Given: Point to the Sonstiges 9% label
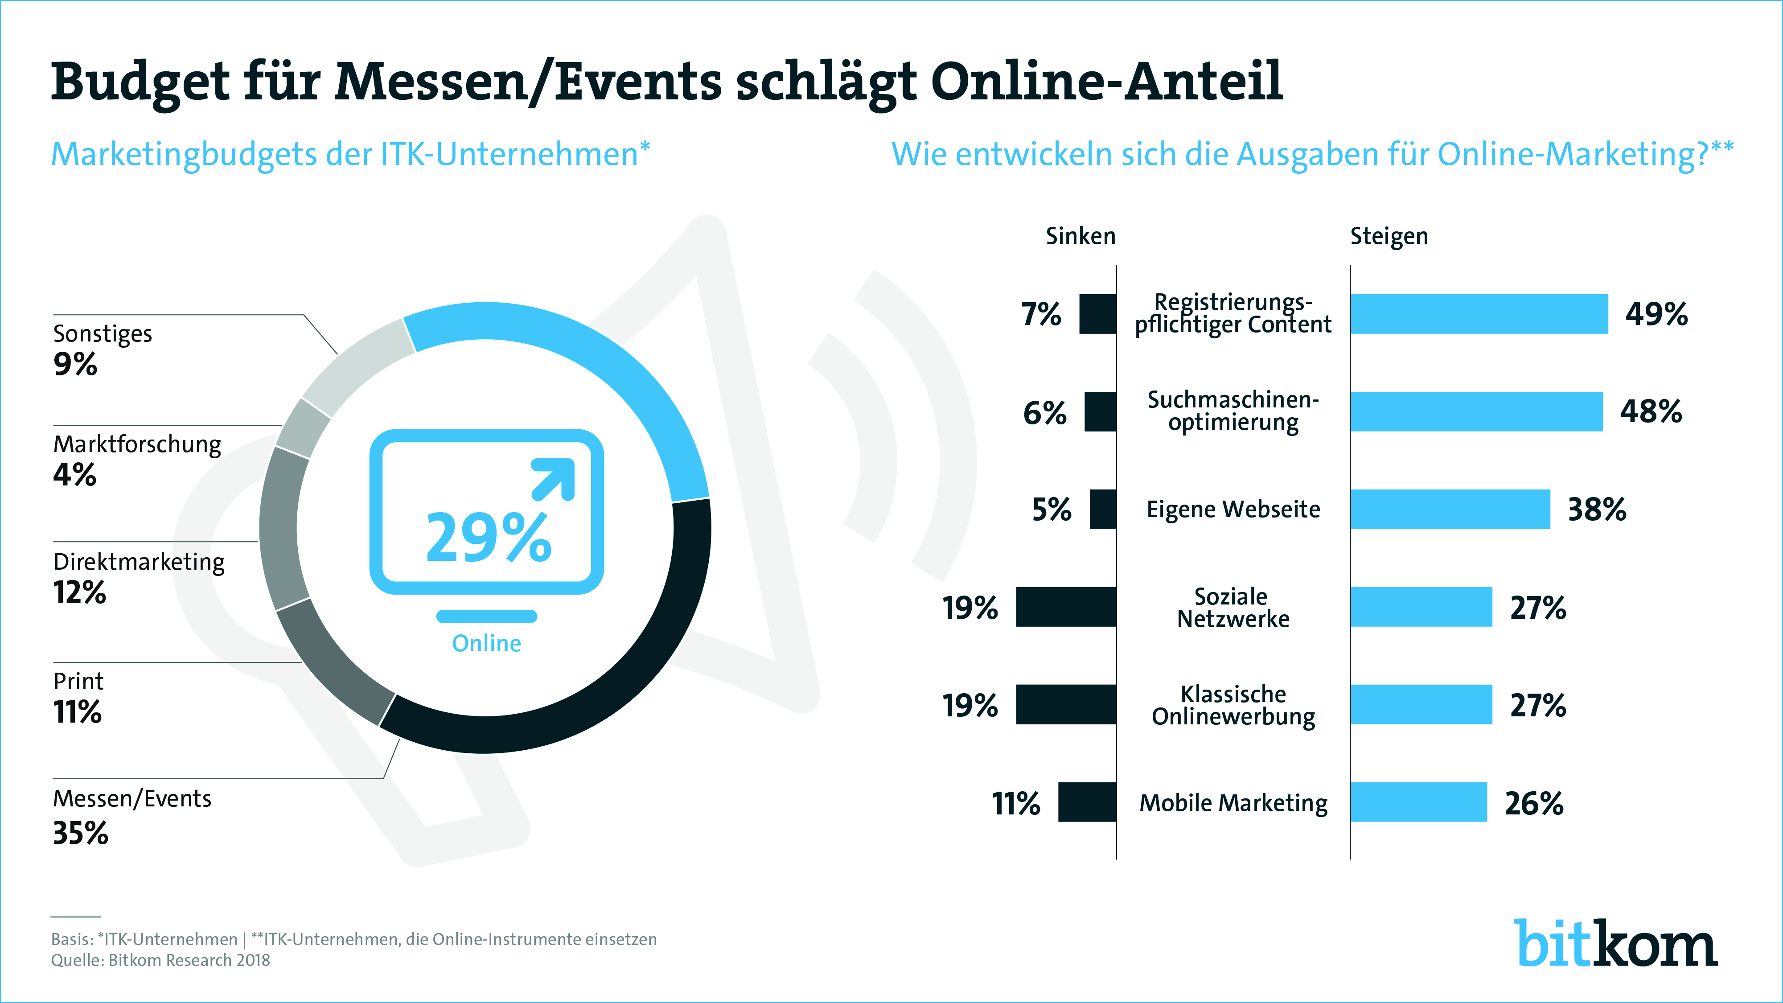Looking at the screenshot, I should point(103,349).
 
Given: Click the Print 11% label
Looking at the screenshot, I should point(78,698).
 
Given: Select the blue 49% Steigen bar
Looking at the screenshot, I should point(1479,313).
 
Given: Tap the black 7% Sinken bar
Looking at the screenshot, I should point(1098,313).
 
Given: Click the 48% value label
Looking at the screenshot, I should point(1650,412).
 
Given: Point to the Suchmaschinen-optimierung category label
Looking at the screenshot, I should point(1233,411).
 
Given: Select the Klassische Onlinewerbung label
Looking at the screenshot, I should point(1233,705).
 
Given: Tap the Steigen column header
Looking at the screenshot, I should point(1389,236).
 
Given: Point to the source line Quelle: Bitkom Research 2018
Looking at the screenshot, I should point(160,960).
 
